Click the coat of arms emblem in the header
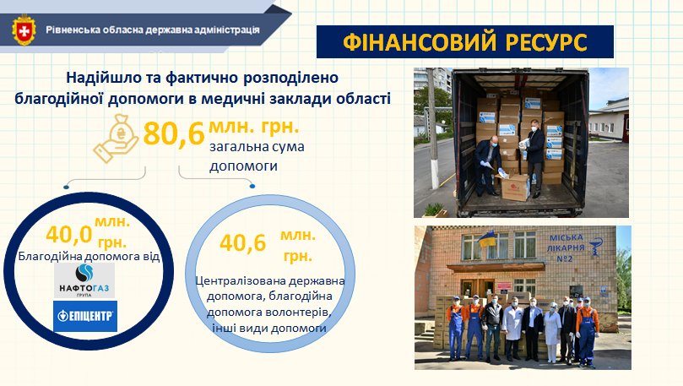[24, 30]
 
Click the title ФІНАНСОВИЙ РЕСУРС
[465, 42]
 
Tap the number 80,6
[174, 133]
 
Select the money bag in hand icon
[116, 139]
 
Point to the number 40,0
[69, 235]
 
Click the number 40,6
[242, 243]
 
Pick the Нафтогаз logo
[84, 280]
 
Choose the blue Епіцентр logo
[85, 316]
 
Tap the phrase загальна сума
[257, 147]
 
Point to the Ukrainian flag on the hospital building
[487, 238]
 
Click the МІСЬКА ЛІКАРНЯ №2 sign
[566, 248]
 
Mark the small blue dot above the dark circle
[66, 188]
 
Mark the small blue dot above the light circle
[252, 187]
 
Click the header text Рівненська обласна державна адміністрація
[153, 30]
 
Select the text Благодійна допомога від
[89, 256]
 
